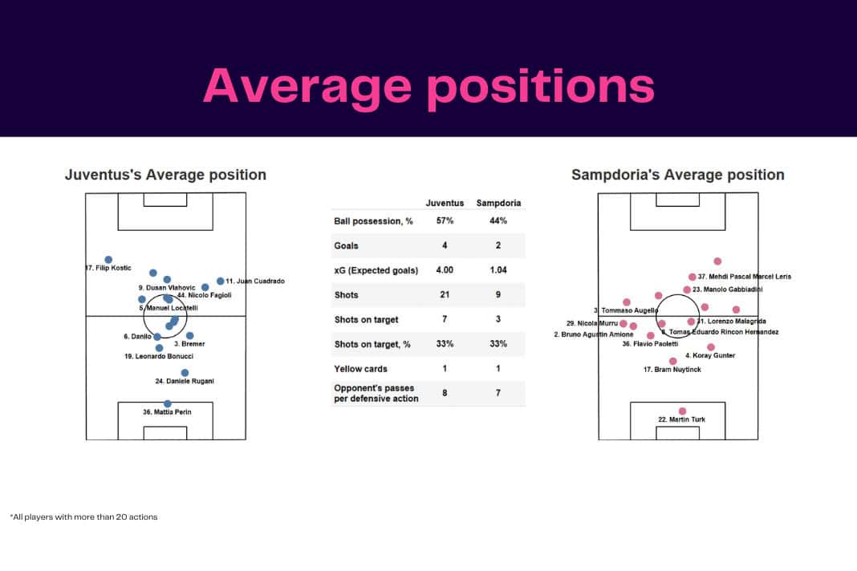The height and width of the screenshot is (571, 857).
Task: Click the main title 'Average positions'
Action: (x=428, y=86)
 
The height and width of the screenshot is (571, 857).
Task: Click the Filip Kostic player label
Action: (x=108, y=268)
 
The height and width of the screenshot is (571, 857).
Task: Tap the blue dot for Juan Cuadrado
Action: (x=220, y=281)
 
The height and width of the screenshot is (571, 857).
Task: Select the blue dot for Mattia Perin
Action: (x=167, y=403)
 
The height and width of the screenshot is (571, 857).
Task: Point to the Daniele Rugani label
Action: (x=185, y=382)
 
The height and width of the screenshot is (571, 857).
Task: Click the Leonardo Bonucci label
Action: (x=159, y=356)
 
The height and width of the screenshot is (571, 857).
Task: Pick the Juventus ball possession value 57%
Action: (x=445, y=221)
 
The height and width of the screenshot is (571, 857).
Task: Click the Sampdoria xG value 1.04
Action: (x=498, y=270)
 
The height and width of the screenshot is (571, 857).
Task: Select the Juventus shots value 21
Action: (x=445, y=295)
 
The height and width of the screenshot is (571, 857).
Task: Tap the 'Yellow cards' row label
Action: (x=360, y=369)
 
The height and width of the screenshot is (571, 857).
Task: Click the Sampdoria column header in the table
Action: (x=498, y=203)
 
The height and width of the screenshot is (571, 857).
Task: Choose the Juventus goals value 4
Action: (x=445, y=245)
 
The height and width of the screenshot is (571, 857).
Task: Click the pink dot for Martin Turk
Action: (x=682, y=411)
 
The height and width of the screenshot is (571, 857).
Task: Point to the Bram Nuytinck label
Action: (x=672, y=370)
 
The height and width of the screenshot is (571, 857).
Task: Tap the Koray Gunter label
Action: (x=709, y=355)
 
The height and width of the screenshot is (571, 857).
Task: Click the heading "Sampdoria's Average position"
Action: (x=677, y=175)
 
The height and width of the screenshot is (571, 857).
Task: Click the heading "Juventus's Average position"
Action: (x=165, y=175)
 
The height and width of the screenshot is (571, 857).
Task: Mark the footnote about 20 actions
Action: (x=83, y=517)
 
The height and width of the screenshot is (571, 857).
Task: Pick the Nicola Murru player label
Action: (x=592, y=323)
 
